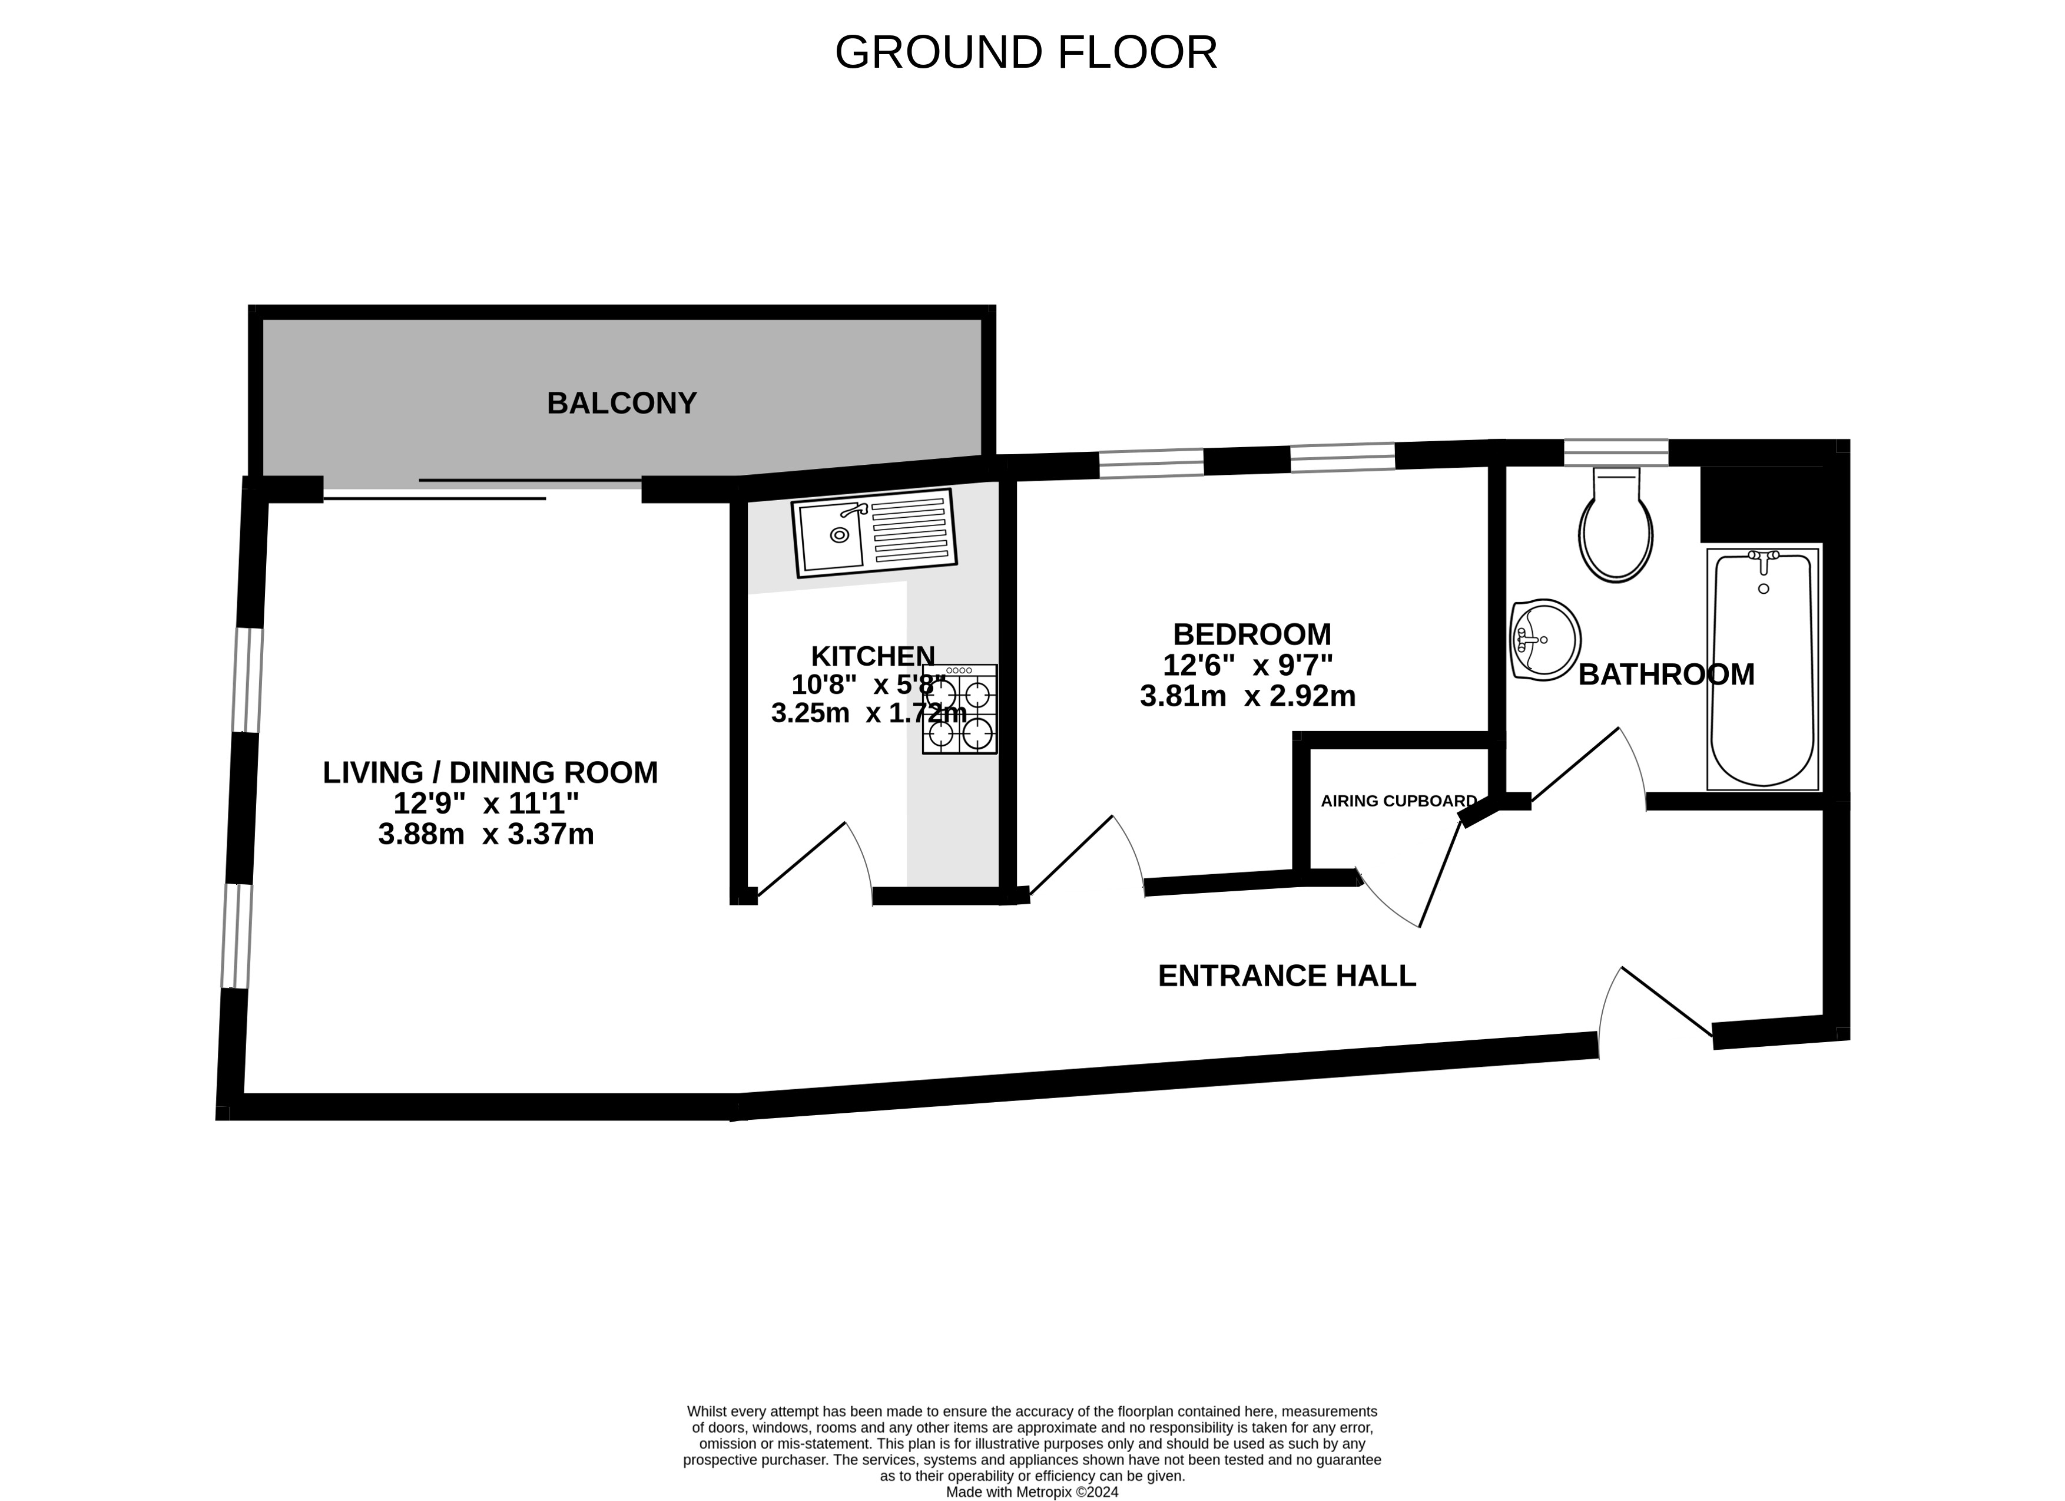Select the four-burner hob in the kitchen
(960, 709)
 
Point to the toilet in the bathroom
(1616, 525)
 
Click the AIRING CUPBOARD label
(1398, 802)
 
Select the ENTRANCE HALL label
(1287, 976)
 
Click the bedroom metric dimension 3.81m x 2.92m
(1247, 696)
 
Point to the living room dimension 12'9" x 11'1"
(486, 804)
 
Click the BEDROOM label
(1252, 634)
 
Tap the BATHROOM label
(1666, 674)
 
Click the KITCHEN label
(872, 656)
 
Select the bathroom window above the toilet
(1616, 452)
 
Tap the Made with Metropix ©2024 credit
(1032, 1492)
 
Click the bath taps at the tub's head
(1764, 560)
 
